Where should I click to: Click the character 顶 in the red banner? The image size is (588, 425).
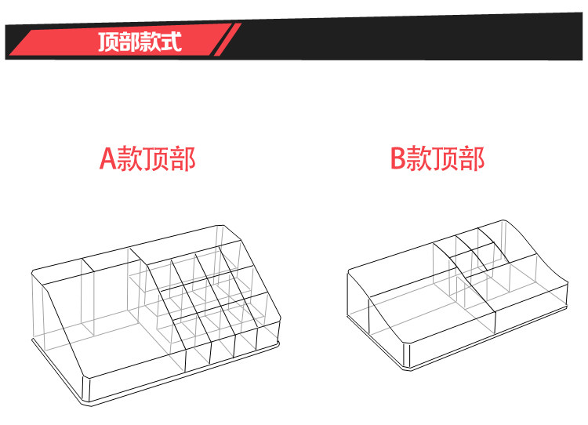[109, 42]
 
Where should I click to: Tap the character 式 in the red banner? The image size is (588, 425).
[172, 42]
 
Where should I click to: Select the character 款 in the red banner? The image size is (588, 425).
[151, 42]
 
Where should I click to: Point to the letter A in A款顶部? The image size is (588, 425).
[108, 158]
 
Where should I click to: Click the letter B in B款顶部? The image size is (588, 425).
[397, 158]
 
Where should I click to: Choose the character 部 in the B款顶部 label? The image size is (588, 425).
[471, 158]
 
